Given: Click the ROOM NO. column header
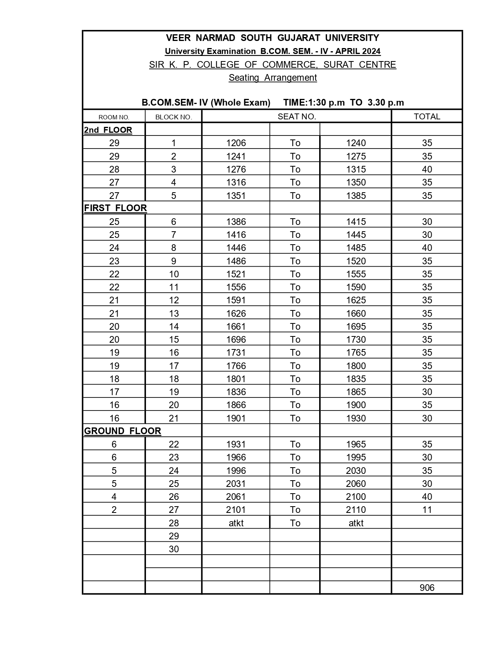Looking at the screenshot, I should (114, 117).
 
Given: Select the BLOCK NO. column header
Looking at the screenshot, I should (174, 117).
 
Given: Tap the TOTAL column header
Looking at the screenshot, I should (427, 117).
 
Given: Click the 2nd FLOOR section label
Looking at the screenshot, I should (108, 130).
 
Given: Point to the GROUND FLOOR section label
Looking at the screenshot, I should (123, 431).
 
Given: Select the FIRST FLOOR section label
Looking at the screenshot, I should (116, 208).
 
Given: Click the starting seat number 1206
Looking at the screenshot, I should (236, 143).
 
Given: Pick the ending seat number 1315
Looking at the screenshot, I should (356, 169).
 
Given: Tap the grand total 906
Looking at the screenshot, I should (427, 588).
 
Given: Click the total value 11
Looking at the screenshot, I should (427, 510).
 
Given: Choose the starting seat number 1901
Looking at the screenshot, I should (236, 418).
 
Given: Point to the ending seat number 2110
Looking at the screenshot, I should (356, 510).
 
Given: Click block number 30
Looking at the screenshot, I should (174, 549).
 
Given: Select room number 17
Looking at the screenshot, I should (114, 392).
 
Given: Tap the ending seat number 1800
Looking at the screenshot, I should (356, 366).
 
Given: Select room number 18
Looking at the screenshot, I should (114, 379).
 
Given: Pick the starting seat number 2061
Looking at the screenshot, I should (236, 497).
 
